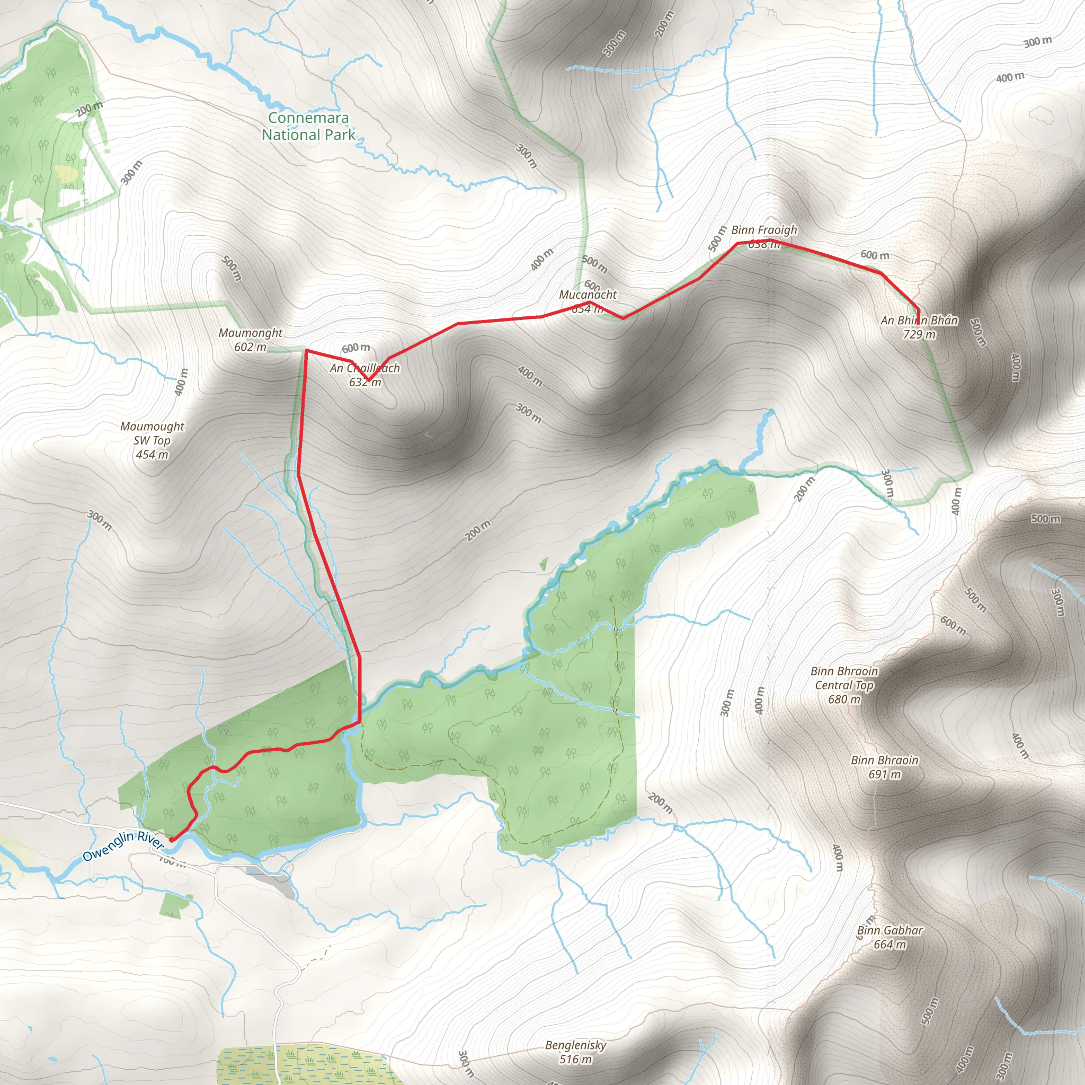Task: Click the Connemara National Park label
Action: tap(308, 127)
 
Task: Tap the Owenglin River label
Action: tap(123, 846)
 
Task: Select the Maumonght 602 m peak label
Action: tap(251, 340)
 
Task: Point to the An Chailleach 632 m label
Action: tap(365, 375)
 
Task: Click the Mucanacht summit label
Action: tap(588, 301)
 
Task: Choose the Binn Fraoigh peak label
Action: tap(764, 236)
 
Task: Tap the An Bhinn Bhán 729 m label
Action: tap(919, 327)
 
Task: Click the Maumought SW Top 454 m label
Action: tap(152, 440)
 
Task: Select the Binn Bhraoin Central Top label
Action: tap(844, 684)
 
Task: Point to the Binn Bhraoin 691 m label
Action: tap(885, 767)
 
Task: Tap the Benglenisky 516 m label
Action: tap(576, 1052)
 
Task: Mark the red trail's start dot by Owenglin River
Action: tap(171, 840)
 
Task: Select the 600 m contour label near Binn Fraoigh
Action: tap(874, 255)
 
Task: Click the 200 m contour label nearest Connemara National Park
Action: tap(90, 109)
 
